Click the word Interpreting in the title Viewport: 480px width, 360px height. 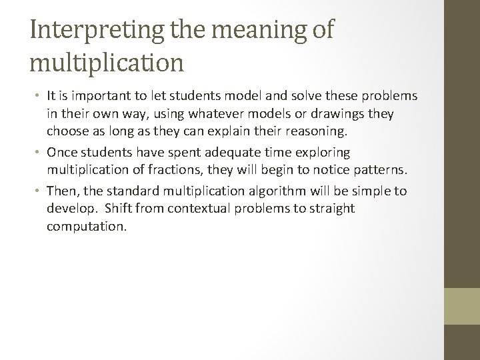91,31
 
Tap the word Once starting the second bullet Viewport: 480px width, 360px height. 63,153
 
